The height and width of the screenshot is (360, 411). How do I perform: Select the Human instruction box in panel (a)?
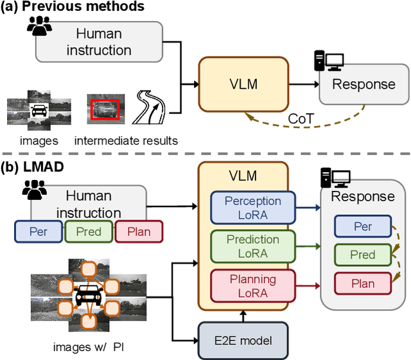[98, 41]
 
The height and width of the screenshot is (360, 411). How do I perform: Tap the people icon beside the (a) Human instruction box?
[39, 26]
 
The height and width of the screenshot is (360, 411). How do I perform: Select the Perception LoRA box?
[252, 208]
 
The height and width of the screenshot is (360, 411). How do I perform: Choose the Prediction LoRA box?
[252, 246]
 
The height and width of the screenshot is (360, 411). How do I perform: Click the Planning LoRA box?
[252, 285]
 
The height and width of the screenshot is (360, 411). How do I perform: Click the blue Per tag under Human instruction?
[38, 231]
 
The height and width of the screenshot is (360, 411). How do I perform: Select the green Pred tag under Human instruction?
[89, 231]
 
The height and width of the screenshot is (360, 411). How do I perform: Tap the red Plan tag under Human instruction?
[139, 231]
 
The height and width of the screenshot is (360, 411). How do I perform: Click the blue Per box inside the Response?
[363, 227]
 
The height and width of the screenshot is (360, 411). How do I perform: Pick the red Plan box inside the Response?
[363, 283]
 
